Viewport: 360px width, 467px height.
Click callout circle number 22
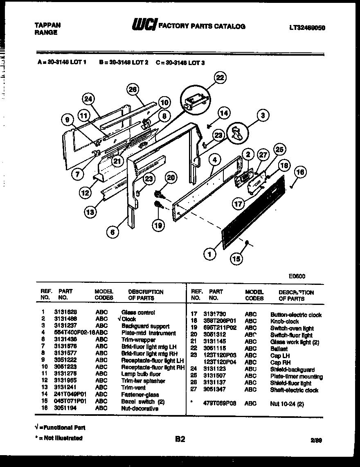tap(220, 78)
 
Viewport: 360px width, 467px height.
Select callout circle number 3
tap(263, 116)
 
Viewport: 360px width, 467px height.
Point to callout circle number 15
tap(236, 258)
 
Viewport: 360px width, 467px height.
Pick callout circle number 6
tap(113, 232)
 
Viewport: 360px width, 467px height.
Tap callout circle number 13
tap(90, 212)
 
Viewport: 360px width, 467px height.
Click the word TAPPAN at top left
tap(48, 25)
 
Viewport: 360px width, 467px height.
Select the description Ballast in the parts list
tap(279, 349)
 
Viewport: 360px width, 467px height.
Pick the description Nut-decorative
tap(139, 408)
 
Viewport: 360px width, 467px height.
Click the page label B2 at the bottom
tap(180, 439)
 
